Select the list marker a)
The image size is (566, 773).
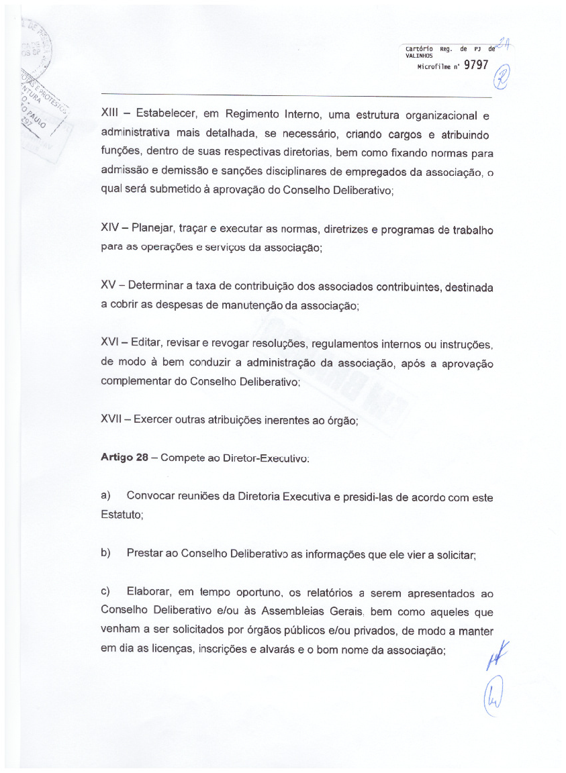[105, 497]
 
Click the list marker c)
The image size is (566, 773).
[105, 593]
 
